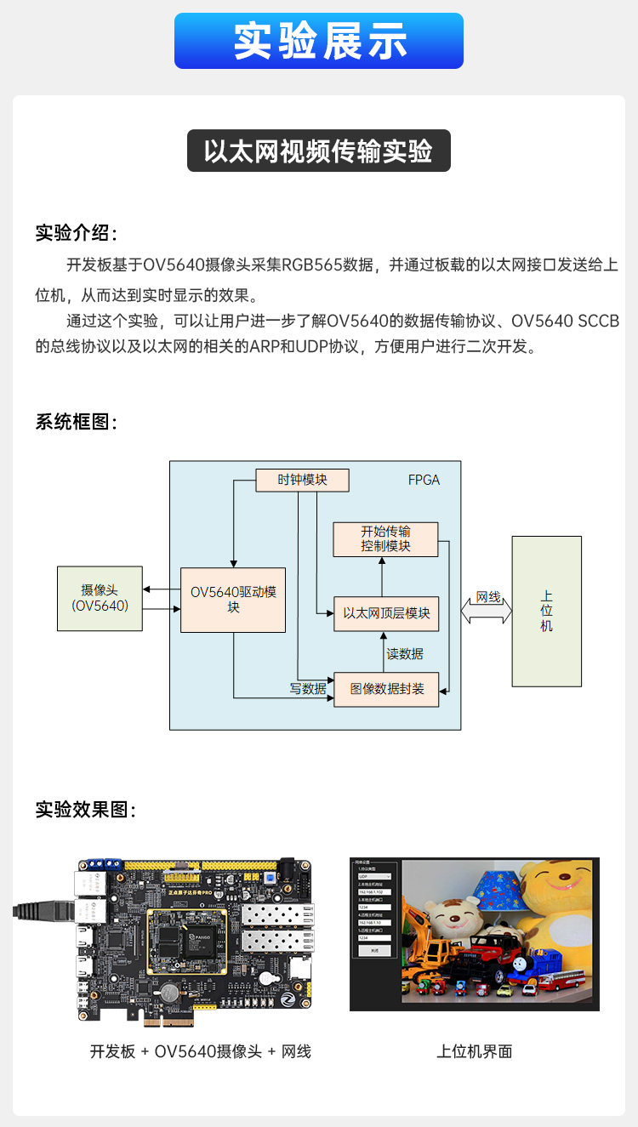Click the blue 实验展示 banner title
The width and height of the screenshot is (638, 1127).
(x=319, y=41)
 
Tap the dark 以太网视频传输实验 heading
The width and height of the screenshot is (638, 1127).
(x=318, y=151)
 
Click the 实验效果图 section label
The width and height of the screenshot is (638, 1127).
(x=86, y=810)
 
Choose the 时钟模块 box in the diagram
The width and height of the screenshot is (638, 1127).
(x=303, y=480)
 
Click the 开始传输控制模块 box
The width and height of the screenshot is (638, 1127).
(x=385, y=539)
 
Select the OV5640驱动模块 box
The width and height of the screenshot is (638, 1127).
(x=233, y=600)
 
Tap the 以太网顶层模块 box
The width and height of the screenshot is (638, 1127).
(x=386, y=613)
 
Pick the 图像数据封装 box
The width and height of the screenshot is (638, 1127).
(x=386, y=689)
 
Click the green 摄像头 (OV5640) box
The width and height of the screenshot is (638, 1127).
(x=100, y=598)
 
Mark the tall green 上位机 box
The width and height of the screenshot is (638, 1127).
(x=546, y=611)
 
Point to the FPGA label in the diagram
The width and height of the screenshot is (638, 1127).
(x=424, y=480)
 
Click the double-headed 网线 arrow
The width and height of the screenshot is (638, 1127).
(x=487, y=610)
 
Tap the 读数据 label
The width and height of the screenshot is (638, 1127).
(x=405, y=654)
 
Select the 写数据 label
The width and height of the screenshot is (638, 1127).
(x=308, y=689)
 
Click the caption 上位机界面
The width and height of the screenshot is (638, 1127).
(x=475, y=1051)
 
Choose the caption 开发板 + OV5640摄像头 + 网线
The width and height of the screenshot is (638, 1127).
(x=201, y=1051)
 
